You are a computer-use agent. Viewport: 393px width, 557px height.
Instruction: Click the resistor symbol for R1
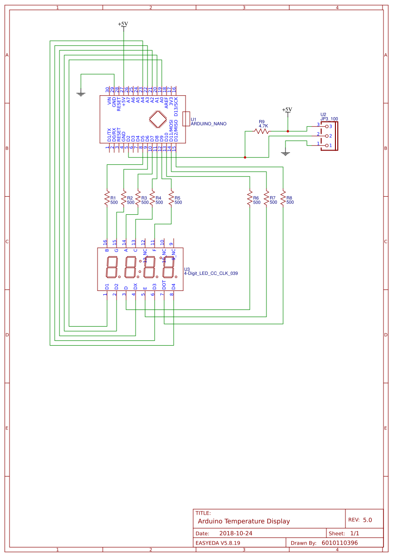coord(107,199)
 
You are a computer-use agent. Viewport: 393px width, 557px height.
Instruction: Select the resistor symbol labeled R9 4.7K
coord(262,131)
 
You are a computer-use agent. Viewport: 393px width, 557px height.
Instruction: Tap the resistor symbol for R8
coord(283,199)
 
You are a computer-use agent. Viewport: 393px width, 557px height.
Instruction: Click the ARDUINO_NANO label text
coord(208,124)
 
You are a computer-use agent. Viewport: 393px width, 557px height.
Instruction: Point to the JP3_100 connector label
coord(329,119)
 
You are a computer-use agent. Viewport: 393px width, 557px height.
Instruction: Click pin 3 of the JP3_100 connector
coord(326,126)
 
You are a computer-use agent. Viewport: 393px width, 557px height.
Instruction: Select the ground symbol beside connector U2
coord(285,153)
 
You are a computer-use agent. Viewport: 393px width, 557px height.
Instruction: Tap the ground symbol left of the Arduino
coord(81,94)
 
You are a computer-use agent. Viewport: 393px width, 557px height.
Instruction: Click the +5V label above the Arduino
coord(123,24)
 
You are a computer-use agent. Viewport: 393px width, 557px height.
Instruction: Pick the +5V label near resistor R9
coord(287,109)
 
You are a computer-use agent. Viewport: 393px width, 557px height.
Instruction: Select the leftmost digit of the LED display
coord(112,267)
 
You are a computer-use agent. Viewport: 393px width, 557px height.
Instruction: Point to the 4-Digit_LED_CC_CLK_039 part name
coord(211,274)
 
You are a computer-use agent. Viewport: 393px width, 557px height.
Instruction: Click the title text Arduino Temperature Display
coord(244,521)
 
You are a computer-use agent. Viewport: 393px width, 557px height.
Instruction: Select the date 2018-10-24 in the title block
coord(236,533)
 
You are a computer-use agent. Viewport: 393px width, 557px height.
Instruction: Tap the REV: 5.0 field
coord(360,520)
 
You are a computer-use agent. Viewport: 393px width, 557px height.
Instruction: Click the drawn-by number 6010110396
coord(340,543)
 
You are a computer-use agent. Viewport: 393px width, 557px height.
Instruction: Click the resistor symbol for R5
coord(171,199)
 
